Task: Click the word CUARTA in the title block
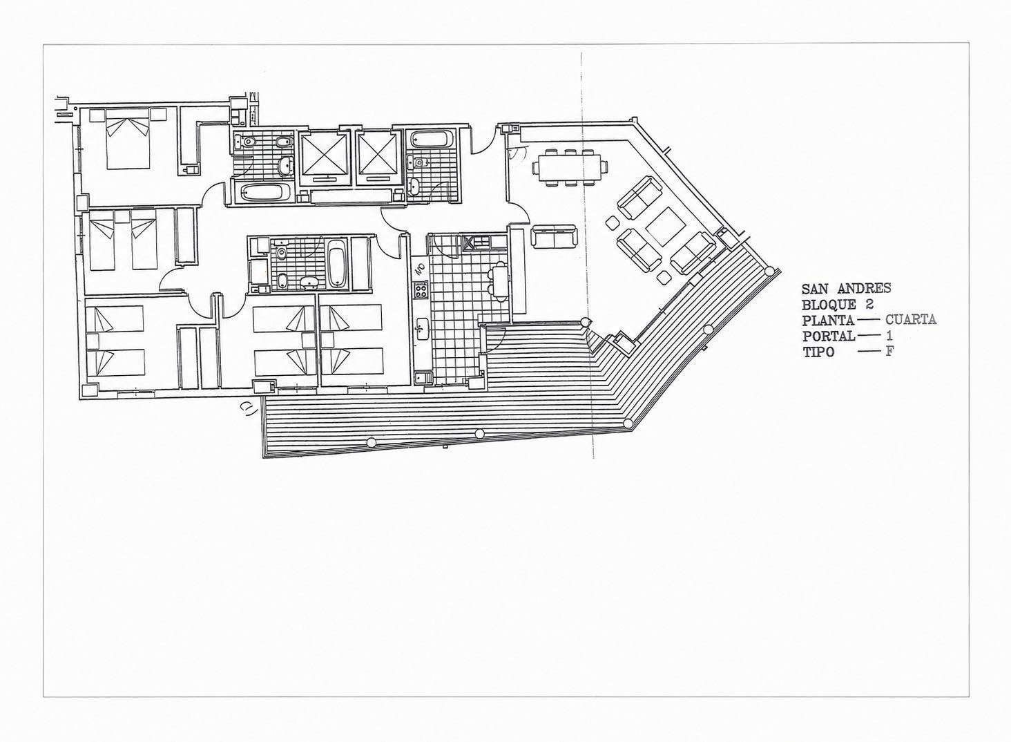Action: (911, 319)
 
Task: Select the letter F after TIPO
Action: (889, 352)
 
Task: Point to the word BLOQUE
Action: (829, 304)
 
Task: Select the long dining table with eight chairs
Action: (570, 168)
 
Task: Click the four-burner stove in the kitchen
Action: (421, 289)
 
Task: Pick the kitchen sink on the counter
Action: (422, 329)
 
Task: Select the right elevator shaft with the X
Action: (378, 154)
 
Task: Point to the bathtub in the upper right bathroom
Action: (432, 139)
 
